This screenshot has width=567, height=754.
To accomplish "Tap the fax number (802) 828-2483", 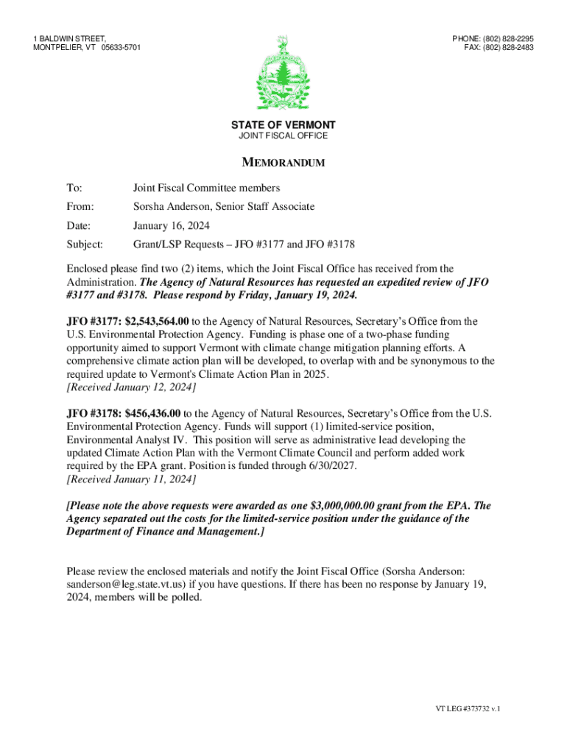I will coord(507,48).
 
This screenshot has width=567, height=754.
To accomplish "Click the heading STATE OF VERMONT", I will coord(283,125).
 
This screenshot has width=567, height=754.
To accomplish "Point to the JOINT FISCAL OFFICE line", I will coord(283,136).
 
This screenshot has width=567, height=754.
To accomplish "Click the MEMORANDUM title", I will coord(283,163).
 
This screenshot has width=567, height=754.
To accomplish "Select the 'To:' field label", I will coord(74,188).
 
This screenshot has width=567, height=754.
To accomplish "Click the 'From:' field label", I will coord(80,207).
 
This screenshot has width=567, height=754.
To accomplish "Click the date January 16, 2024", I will coord(171,226).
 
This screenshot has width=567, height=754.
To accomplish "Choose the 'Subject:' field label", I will coord(85,244).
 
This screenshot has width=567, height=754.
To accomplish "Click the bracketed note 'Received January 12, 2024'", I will coord(131,387).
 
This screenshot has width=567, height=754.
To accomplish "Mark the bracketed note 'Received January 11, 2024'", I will coord(131,479).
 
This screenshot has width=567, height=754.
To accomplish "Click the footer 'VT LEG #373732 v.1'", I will coord(467,709).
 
